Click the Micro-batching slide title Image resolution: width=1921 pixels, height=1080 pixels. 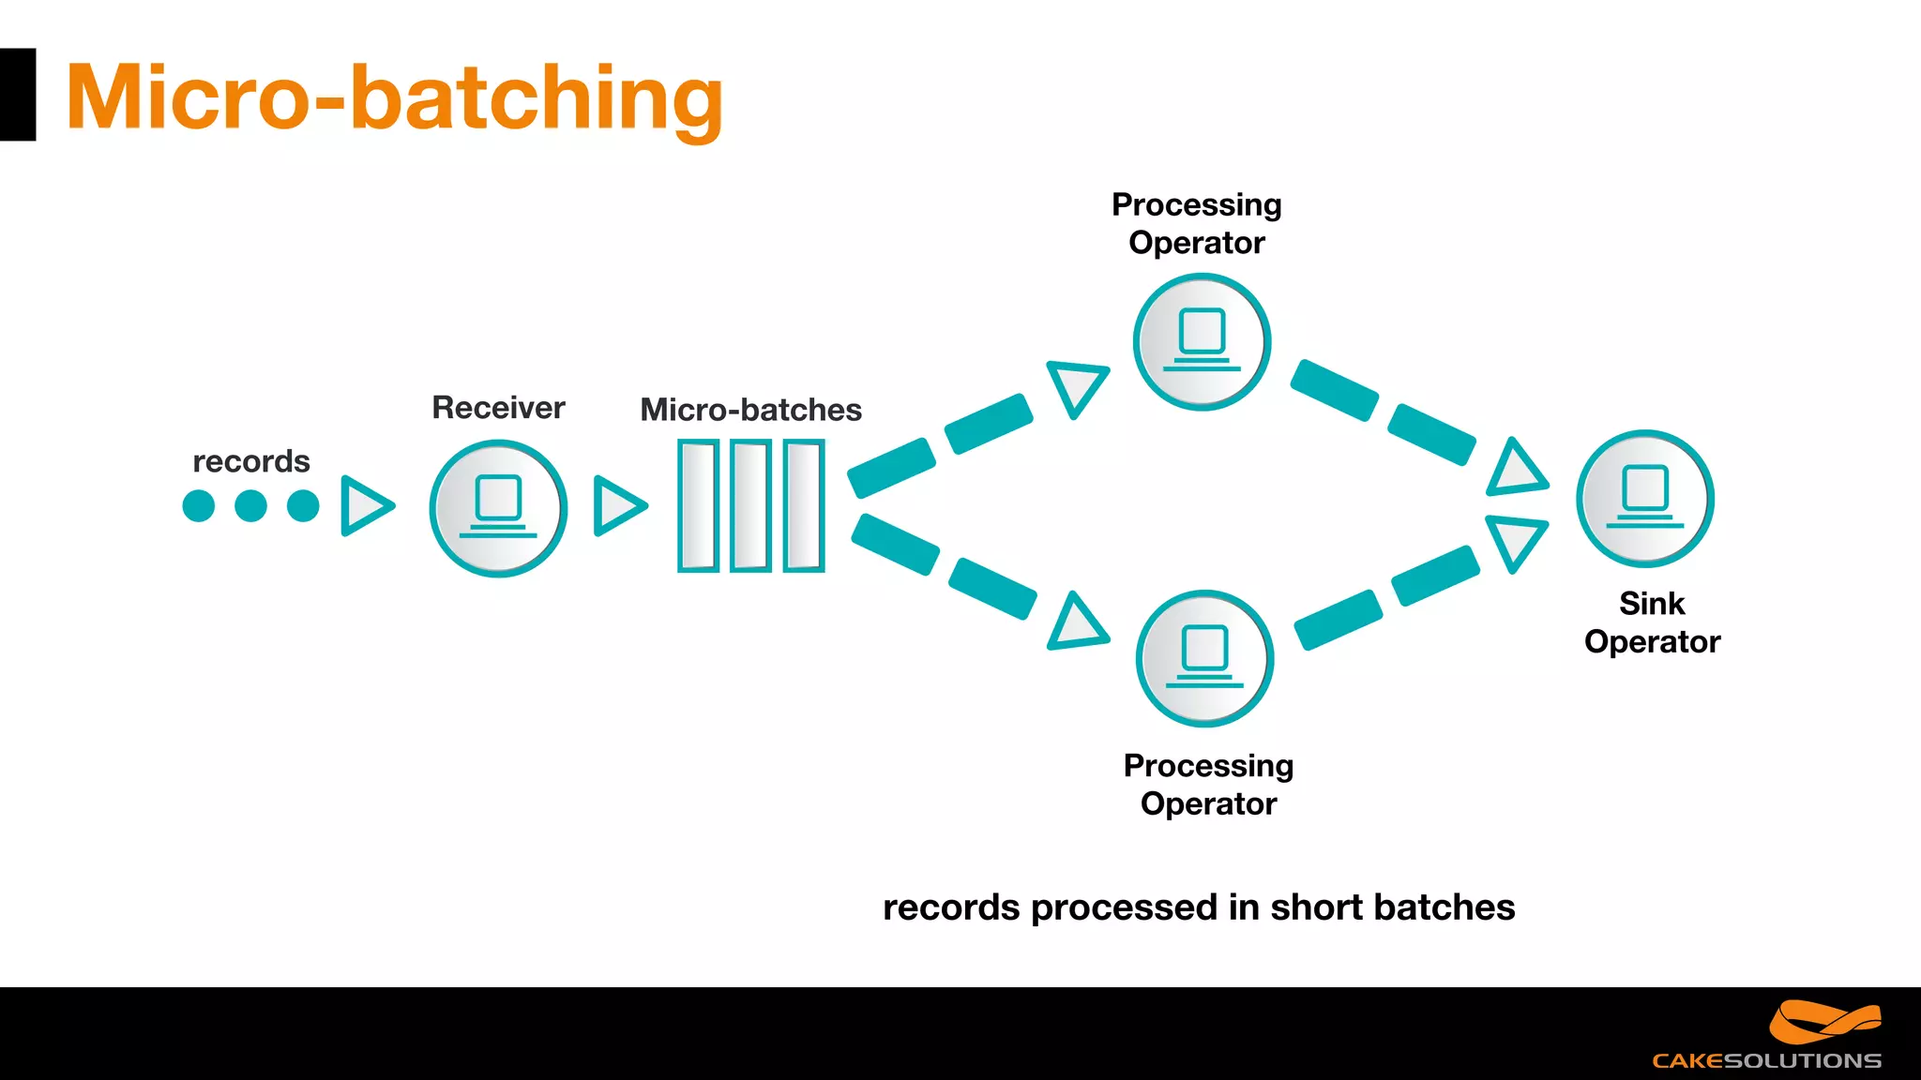click(394, 97)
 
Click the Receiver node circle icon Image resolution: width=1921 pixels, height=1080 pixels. click(498, 508)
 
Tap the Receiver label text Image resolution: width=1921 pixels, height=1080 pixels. click(498, 408)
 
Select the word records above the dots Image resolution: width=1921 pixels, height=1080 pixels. click(251, 461)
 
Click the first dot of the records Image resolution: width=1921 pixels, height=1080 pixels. click(199, 506)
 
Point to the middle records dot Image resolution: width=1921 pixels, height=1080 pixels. click(250, 506)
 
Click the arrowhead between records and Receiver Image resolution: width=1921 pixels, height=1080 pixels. click(364, 506)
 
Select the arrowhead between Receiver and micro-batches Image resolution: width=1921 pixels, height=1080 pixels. click(617, 506)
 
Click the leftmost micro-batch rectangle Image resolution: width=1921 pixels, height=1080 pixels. click(698, 505)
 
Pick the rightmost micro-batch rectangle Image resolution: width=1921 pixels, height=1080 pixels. click(804, 505)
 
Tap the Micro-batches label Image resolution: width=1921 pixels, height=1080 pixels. click(750, 410)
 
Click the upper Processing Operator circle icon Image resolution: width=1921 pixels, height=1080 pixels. click(1202, 341)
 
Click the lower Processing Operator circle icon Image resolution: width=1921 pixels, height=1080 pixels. click(1204, 658)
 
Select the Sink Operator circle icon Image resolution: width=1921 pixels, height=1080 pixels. click(1645, 499)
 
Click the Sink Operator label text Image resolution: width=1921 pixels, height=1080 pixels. click(1652, 622)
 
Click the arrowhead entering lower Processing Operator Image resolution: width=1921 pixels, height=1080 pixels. click(1077, 624)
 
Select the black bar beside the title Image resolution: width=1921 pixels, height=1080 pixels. click(17, 95)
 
